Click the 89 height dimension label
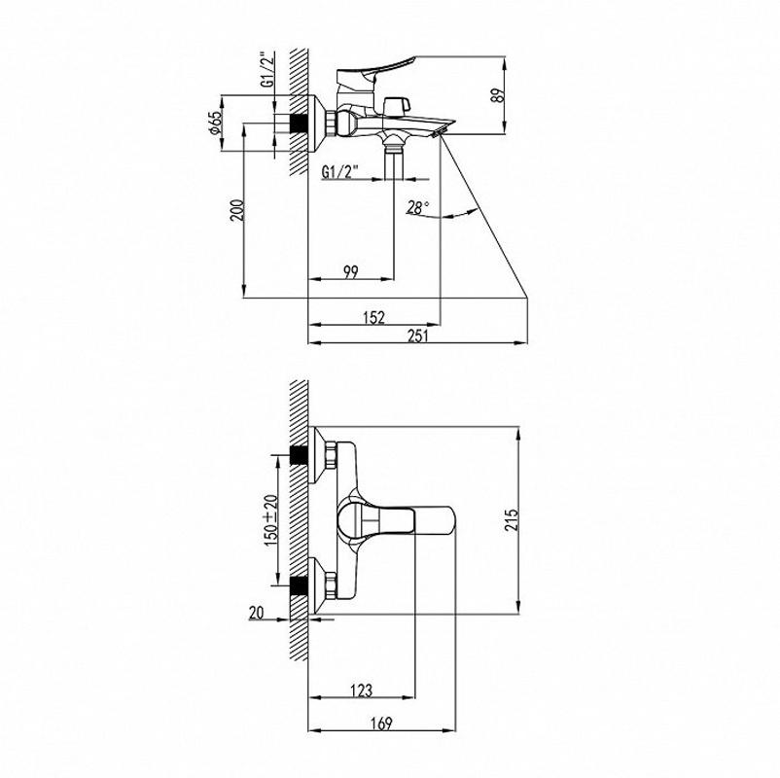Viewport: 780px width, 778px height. [x=497, y=95]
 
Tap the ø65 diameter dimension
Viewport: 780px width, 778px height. [x=214, y=123]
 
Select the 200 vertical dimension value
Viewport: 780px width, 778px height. [x=237, y=210]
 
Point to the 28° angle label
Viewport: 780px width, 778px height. [x=418, y=207]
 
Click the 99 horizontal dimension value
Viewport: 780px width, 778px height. [x=351, y=272]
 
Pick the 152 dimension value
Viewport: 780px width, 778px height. [x=374, y=317]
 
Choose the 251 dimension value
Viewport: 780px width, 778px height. [x=418, y=336]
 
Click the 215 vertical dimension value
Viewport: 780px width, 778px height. [x=512, y=519]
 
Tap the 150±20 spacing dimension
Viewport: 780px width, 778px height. [x=271, y=520]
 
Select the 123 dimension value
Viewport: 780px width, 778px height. [x=361, y=690]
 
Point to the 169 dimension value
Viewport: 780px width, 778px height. [x=381, y=723]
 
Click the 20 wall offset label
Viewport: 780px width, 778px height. [x=256, y=613]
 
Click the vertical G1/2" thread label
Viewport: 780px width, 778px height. [x=267, y=70]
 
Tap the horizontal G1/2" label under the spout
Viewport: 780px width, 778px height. [x=340, y=172]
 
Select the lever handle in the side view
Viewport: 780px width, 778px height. [x=376, y=71]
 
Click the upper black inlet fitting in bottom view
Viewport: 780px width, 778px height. [x=299, y=455]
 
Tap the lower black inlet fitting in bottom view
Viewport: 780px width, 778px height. [x=299, y=586]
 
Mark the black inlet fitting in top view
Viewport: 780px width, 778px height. [x=299, y=124]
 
